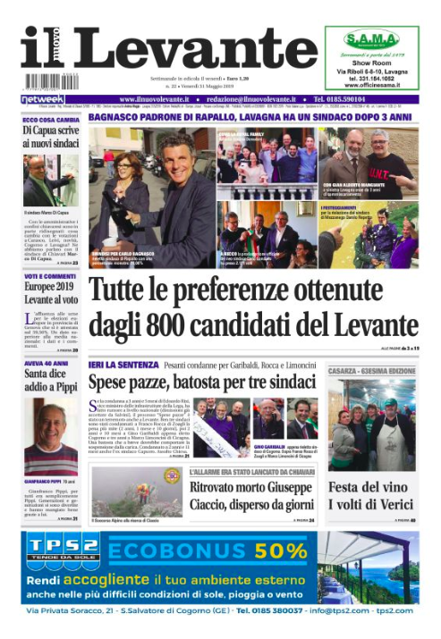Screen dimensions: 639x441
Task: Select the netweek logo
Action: [x=42, y=98]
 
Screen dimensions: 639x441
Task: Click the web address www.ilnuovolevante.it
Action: [x=158, y=98]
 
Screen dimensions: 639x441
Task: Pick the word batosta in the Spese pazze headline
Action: [x=208, y=381]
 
